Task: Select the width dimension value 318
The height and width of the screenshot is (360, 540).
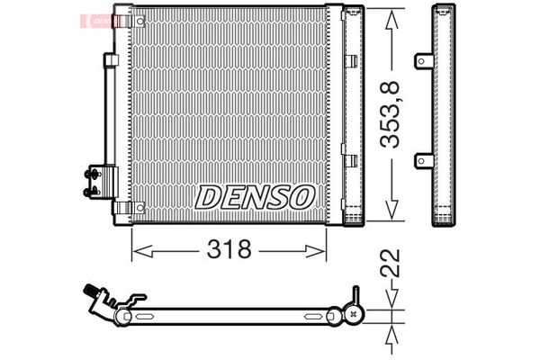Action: click(229, 249)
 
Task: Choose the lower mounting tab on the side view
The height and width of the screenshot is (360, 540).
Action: click(421, 160)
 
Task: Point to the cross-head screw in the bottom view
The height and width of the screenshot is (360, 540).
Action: click(353, 315)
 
